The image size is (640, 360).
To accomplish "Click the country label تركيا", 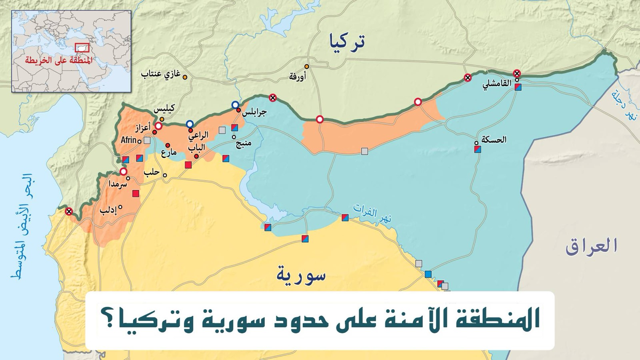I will (346, 42).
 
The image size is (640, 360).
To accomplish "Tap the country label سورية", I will (301, 275).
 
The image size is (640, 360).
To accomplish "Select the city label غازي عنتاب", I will (160, 74).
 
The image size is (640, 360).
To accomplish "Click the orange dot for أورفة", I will (307, 66).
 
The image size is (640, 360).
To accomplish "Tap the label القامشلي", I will (497, 84).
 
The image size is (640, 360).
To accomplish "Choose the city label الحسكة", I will (494, 140).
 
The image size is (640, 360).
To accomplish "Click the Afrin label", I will (128, 140).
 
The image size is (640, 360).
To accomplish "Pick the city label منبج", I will (243, 143).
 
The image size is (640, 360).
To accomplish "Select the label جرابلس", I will (254, 112).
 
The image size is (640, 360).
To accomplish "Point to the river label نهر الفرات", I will (372, 214).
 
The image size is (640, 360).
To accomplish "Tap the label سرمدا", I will (118, 184).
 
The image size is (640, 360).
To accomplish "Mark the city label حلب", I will (152, 172).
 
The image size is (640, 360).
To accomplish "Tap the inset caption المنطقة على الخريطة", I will (58, 60).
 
